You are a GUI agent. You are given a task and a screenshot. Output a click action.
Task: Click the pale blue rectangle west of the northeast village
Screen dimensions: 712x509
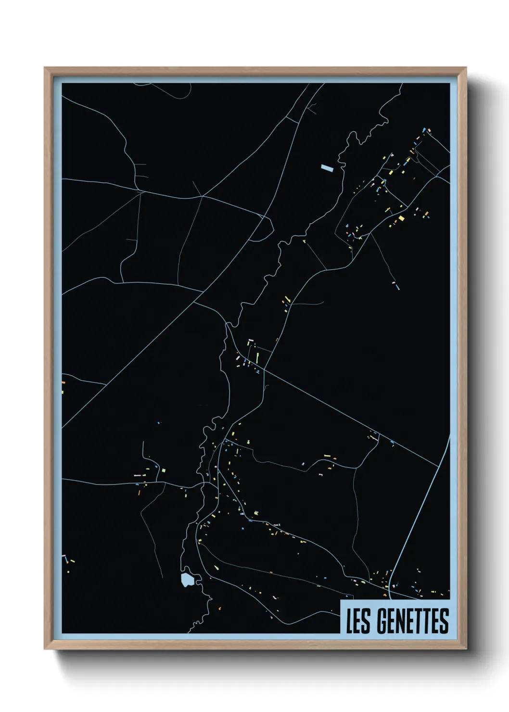327,168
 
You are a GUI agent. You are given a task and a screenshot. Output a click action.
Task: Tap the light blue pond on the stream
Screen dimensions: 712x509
187,579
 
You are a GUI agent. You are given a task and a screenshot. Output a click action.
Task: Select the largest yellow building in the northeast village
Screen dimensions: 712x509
401,219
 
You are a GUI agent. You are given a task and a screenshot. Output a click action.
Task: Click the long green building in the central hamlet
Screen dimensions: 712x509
257,358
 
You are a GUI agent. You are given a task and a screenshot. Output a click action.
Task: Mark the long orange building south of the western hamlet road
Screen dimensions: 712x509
139,493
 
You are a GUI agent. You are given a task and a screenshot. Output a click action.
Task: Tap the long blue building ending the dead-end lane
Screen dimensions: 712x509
397,287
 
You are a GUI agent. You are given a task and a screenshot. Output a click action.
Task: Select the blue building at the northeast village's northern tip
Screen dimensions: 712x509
423,129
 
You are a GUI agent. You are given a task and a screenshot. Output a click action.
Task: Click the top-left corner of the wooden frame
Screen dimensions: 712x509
45,68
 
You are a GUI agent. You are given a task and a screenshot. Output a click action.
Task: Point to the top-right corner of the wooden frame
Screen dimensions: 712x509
466,68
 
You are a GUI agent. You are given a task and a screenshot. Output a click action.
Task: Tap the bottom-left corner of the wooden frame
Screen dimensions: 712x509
45,649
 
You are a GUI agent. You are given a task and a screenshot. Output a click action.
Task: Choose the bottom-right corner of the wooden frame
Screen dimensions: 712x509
466,649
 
